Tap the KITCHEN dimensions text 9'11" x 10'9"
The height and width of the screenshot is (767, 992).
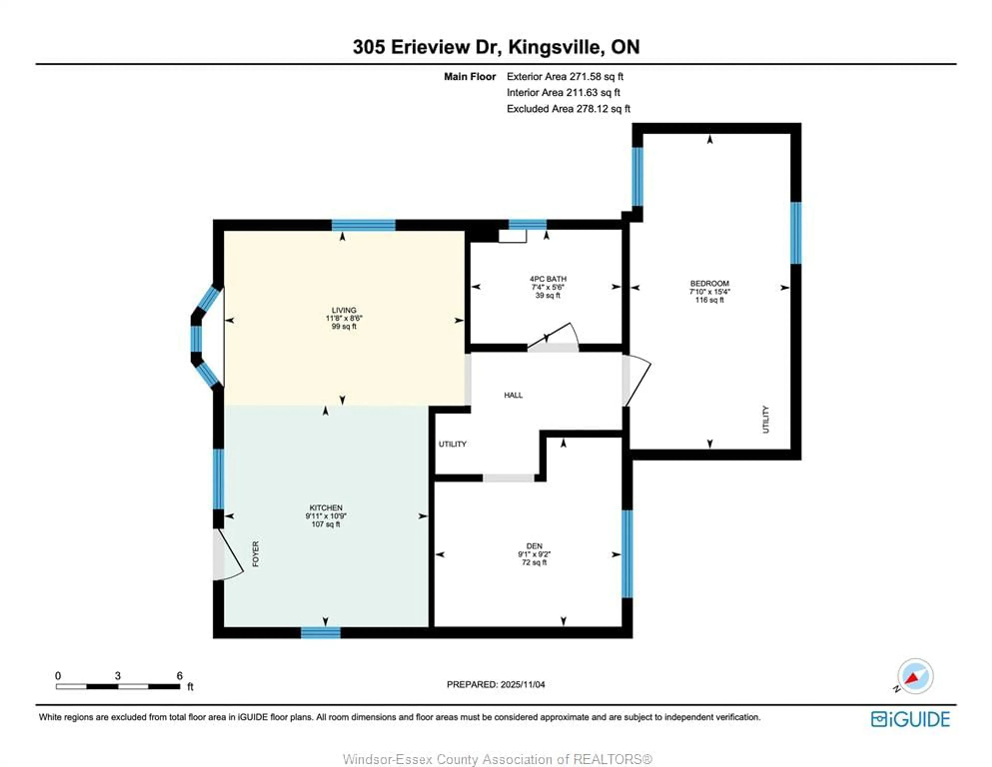326,516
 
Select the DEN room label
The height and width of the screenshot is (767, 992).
534,546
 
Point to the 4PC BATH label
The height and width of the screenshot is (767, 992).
548,279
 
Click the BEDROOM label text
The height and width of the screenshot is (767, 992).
709,283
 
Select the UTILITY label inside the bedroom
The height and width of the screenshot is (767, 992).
766,419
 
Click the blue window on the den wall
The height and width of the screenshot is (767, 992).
627,554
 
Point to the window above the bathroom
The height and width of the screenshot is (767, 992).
527,224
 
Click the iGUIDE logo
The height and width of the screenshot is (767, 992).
910,719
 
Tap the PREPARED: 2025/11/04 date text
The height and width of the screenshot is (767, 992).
495,684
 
